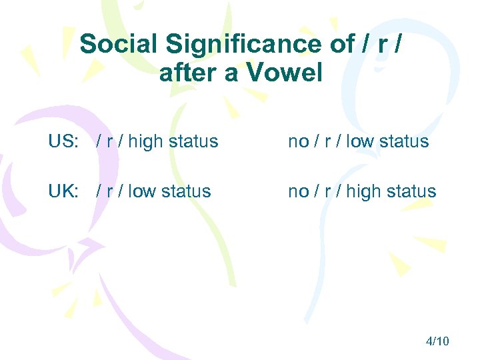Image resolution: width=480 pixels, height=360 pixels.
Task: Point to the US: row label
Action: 63,141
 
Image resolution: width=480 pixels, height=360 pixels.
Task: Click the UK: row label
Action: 63,191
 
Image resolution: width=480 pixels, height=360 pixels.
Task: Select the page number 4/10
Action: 437,341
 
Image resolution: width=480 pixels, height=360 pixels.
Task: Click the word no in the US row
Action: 297,141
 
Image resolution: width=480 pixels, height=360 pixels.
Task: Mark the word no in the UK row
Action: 297,191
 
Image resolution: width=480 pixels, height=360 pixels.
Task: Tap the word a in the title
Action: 231,73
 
